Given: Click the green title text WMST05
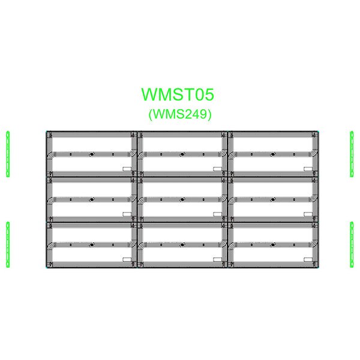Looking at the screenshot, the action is pos(178,94).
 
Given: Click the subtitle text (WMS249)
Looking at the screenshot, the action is pos(180,114).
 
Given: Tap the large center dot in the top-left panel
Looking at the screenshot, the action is pos(92,154).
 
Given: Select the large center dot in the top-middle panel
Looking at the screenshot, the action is pos(182,154).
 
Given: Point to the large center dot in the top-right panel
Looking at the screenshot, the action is pos(273,154).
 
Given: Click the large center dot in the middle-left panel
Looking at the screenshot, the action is pos(92,200).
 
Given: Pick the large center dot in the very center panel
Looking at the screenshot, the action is pos(182,200).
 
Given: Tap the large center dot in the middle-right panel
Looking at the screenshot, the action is pos(273,200).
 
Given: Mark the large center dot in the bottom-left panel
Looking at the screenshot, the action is pos(92,245).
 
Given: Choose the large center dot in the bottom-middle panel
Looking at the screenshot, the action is pos(182,245).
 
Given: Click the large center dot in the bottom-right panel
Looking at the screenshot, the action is pos(273,245).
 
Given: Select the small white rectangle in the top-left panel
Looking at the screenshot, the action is pos(127,169).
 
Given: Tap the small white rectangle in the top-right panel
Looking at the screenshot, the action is pos(308,169).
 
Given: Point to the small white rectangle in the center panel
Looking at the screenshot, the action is pos(217,214).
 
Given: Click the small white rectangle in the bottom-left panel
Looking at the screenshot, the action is pos(127,259).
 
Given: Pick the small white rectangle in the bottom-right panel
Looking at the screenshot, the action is pos(308,259).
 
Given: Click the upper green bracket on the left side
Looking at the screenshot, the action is pos(8,154).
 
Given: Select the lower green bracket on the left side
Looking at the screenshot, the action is pos(8,245).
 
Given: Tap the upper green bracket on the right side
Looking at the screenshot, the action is pos(352,154).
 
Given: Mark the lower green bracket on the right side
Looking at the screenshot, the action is pos(352,245).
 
